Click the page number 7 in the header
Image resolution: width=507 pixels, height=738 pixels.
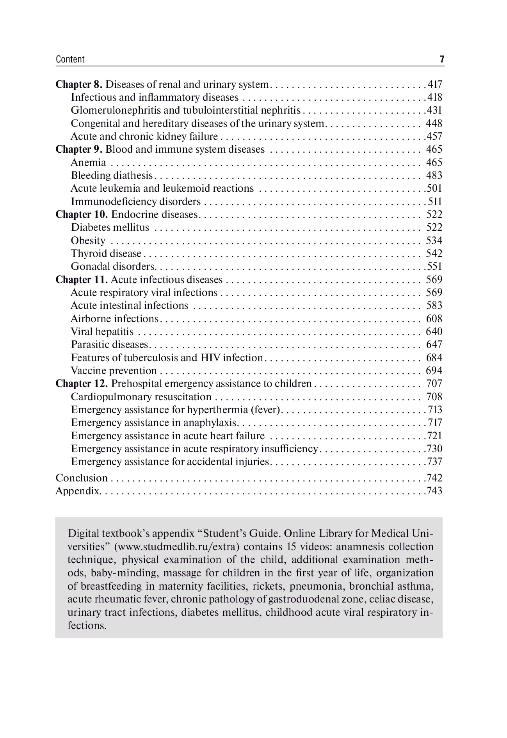[x=442, y=59]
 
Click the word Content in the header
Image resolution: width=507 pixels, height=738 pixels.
[x=70, y=59]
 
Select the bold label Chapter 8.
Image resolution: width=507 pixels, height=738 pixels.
[x=79, y=84]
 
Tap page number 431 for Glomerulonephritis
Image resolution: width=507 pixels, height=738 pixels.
[x=434, y=111]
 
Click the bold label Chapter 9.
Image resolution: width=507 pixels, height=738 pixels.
[x=79, y=149]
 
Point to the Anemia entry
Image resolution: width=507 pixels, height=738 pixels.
[x=88, y=162]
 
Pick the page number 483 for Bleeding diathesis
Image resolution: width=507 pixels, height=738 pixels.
[x=434, y=175]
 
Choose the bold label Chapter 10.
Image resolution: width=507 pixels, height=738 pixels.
[x=82, y=214]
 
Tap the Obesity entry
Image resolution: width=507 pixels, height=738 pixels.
[x=88, y=241]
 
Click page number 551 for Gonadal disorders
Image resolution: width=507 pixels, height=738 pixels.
[x=434, y=266]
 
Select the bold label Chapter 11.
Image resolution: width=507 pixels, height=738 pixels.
[x=82, y=280]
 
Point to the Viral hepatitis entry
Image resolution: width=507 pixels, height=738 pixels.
[x=102, y=332]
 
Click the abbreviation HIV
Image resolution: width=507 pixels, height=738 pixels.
[x=210, y=358]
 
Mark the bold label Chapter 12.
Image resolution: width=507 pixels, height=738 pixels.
[x=82, y=383]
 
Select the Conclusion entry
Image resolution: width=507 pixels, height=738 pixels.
[x=82, y=478]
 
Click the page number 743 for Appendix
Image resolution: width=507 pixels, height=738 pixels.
[x=434, y=491]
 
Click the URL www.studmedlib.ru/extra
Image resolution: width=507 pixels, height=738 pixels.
[x=178, y=547]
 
